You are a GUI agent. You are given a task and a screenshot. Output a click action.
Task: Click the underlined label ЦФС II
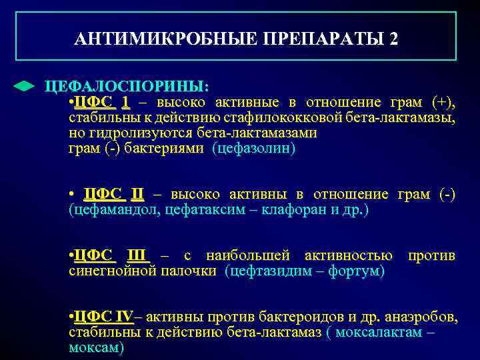point(113,195)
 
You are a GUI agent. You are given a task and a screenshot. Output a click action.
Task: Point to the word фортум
point(354,271)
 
